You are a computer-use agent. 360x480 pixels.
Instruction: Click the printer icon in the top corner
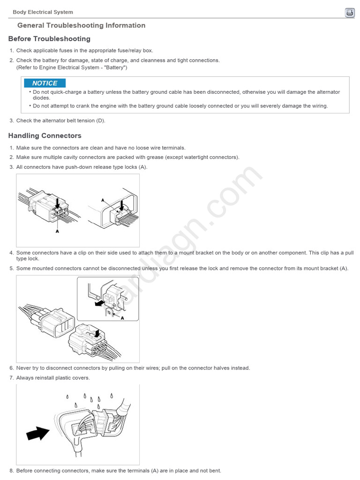coord(350,13)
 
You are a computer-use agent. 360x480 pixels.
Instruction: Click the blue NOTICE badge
coord(45,83)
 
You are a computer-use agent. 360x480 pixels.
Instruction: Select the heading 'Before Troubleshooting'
coord(49,39)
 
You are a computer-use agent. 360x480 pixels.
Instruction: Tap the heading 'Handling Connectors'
coord(45,136)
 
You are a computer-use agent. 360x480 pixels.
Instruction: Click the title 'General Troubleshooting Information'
coord(81,26)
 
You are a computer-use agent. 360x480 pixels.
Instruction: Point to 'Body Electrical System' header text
coord(43,12)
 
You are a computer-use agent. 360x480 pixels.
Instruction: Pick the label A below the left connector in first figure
coord(57,231)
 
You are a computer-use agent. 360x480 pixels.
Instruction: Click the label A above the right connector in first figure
coord(103,200)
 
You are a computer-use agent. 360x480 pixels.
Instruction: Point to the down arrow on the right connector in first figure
coord(121,205)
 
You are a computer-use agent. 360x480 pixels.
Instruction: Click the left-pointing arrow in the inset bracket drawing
coord(99,303)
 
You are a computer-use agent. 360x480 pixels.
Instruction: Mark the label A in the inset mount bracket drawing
coord(122,317)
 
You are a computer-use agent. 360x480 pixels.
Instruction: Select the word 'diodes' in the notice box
coord(41,98)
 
